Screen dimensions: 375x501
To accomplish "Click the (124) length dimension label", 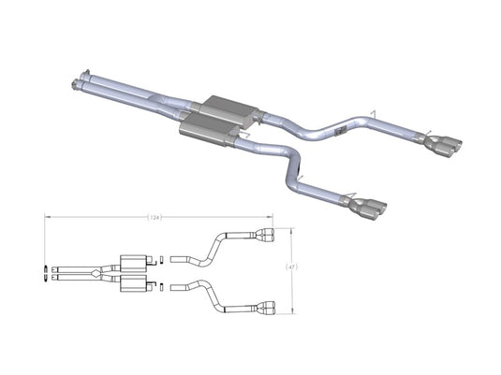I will pos(156,218).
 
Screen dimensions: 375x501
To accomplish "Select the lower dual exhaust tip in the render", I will pos(369,204).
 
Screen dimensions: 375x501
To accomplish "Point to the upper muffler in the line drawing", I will pos(134,260).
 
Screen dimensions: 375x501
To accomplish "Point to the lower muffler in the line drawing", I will pos(134,282).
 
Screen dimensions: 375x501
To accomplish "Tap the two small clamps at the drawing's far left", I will pos(47,272).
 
